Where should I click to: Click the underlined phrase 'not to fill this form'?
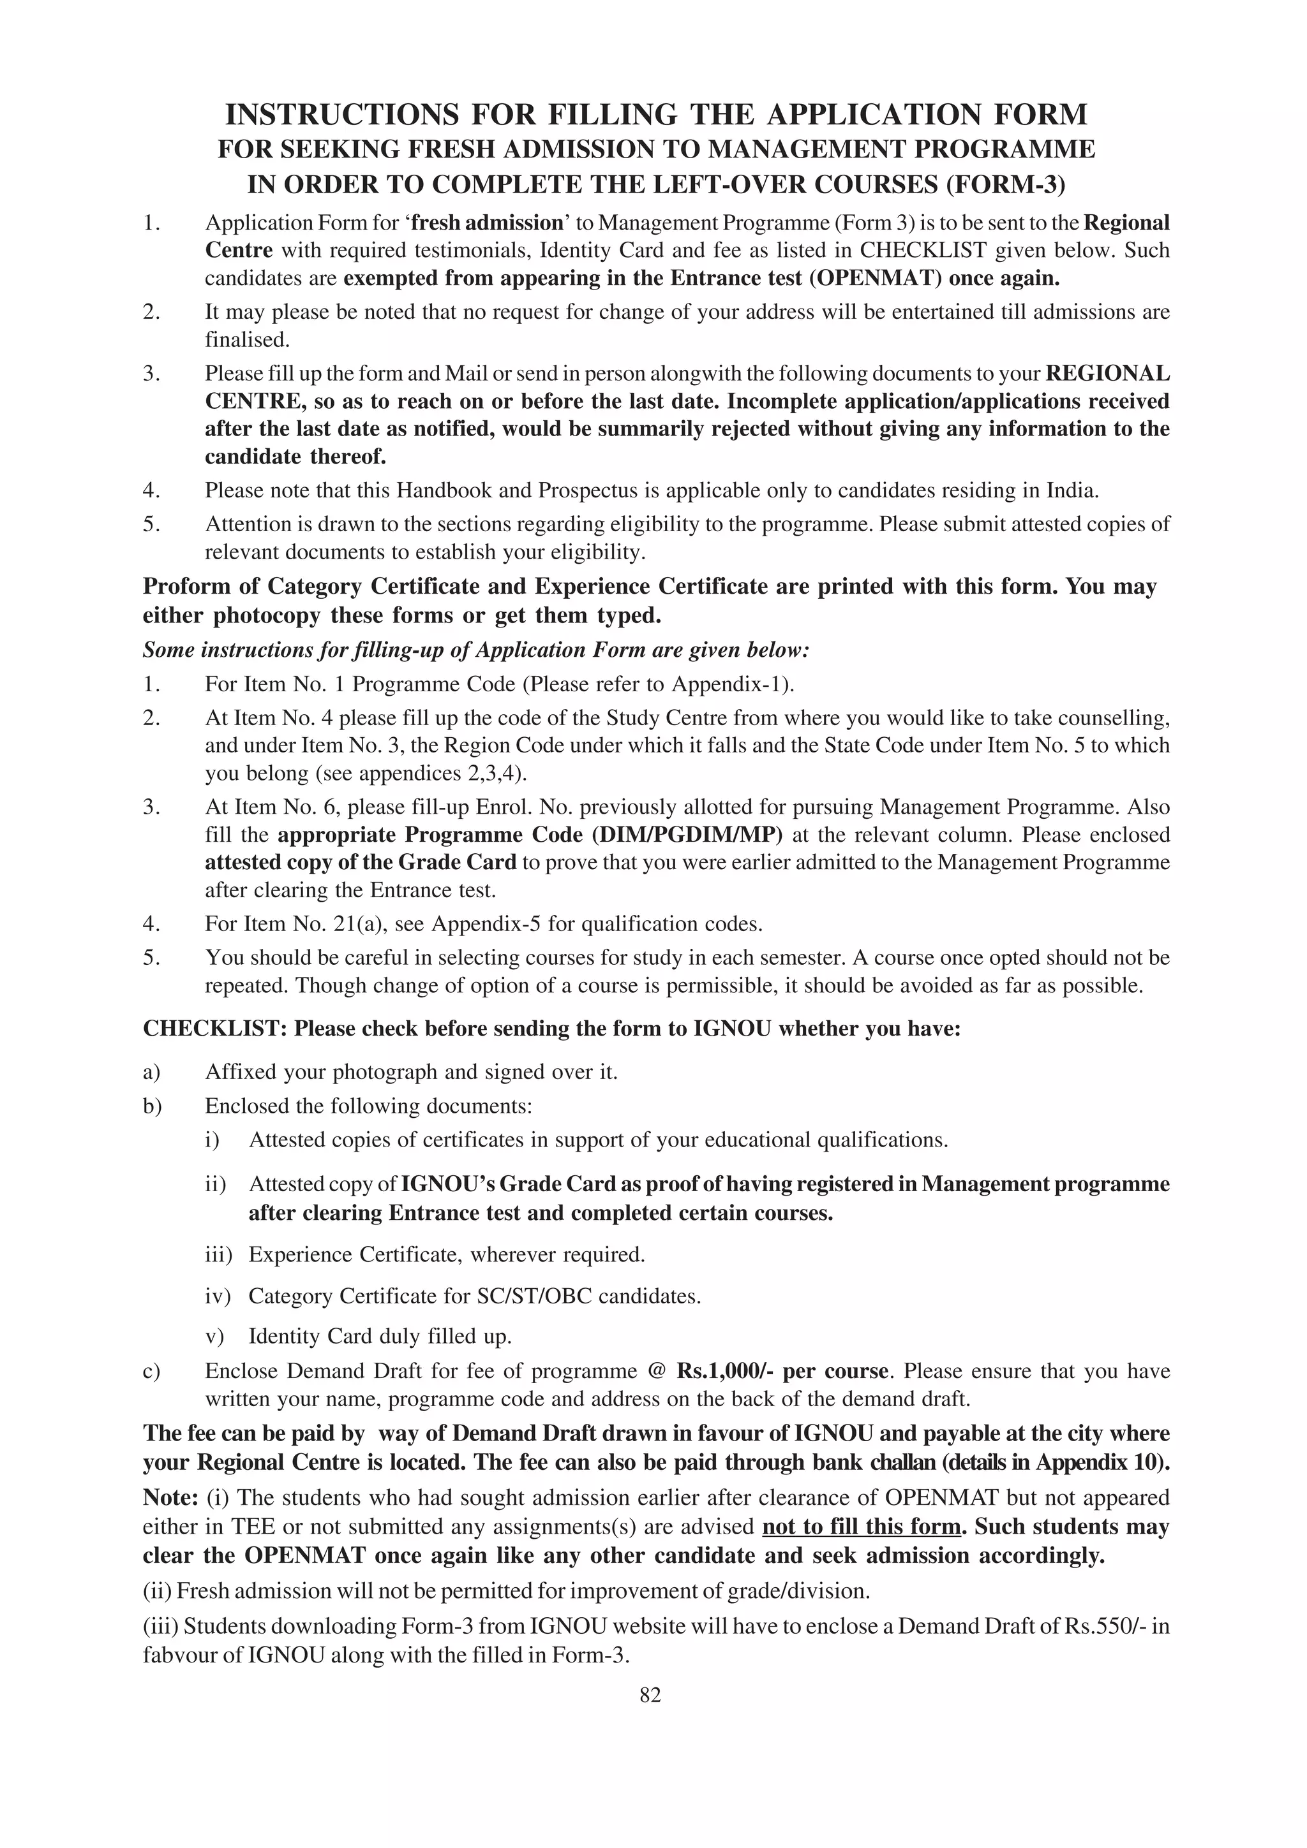tap(861, 1527)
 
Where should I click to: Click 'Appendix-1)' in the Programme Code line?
tap(733, 684)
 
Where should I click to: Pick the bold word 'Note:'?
tap(171, 1498)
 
